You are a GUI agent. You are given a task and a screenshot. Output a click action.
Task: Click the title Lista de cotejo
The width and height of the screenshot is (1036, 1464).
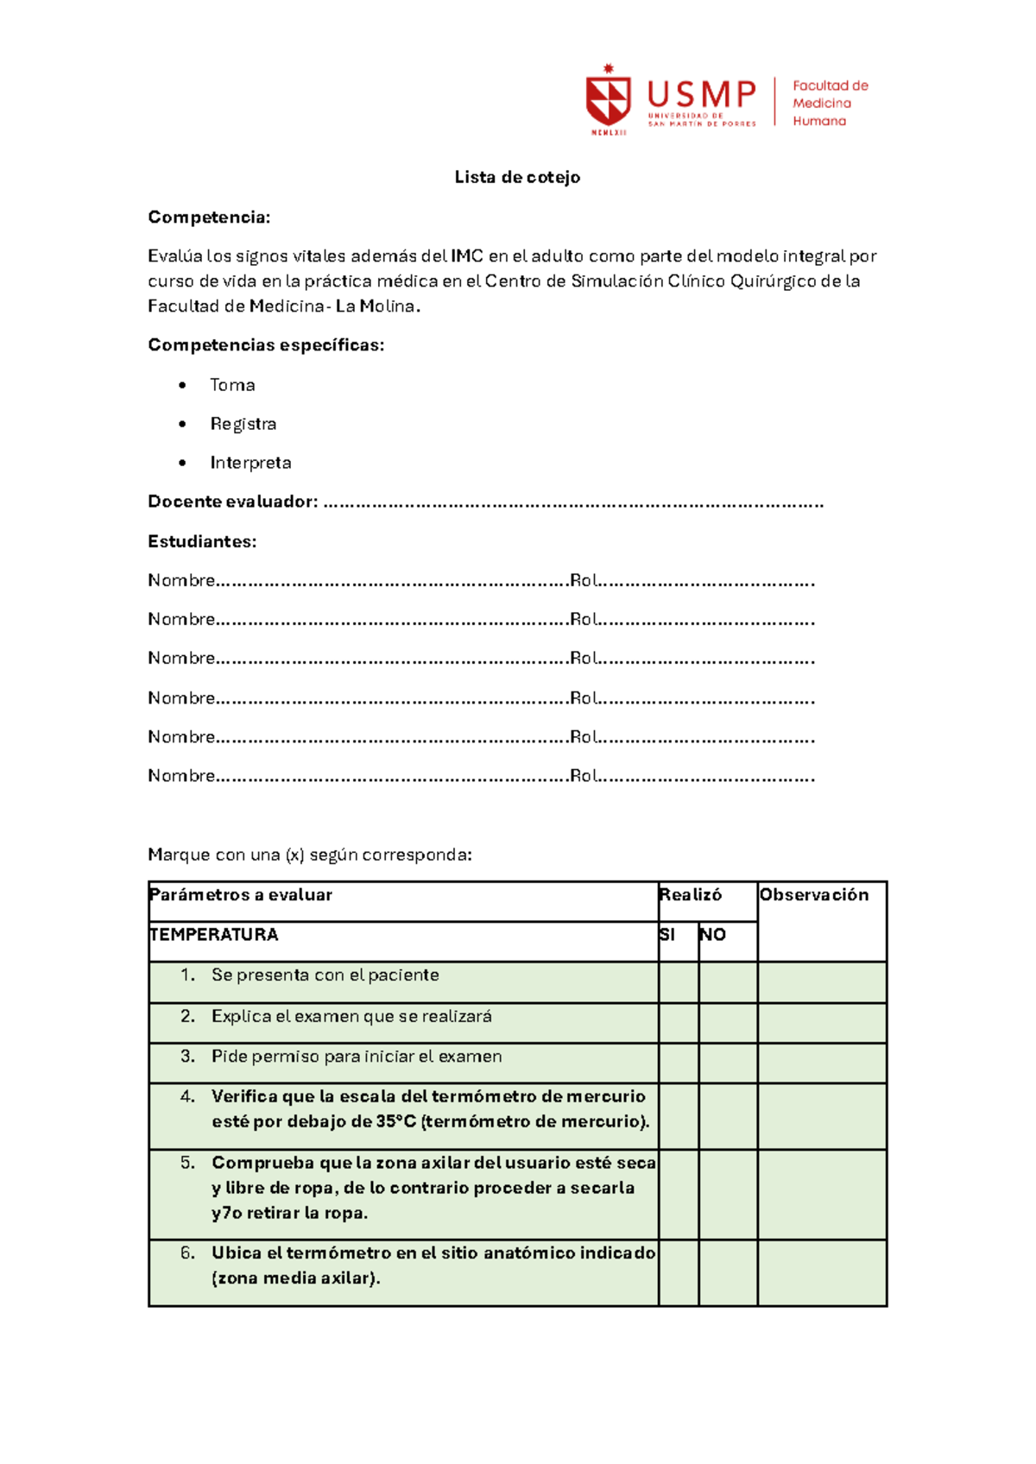(517, 177)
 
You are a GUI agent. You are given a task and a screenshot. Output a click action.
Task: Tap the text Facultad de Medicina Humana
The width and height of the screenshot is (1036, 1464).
(830, 104)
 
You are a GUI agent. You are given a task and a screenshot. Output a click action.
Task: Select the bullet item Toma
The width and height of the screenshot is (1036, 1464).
(232, 385)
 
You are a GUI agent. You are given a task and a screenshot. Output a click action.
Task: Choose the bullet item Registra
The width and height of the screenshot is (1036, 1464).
(243, 424)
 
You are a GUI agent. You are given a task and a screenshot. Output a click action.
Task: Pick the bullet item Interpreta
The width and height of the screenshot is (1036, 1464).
(250, 463)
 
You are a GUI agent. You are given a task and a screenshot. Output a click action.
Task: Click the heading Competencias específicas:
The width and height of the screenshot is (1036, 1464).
(266, 345)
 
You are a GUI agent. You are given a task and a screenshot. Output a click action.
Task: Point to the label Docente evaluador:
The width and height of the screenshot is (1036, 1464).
(232, 502)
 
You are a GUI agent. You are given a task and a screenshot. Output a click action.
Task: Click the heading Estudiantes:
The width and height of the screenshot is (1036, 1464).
(202, 541)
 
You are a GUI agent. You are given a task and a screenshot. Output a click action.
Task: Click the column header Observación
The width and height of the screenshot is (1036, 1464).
(813, 895)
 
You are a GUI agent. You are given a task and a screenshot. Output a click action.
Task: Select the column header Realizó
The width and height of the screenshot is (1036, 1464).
(690, 895)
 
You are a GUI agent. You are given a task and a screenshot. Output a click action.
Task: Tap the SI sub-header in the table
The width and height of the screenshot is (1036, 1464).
(666, 935)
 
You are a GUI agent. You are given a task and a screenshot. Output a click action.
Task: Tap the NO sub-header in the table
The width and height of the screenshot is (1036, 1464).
(712, 935)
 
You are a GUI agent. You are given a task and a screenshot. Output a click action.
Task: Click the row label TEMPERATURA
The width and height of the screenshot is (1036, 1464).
(213, 935)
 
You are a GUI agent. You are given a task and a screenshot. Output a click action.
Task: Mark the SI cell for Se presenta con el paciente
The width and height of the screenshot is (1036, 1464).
(679, 982)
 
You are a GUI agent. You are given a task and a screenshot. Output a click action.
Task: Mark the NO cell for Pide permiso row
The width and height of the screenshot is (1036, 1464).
(728, 1063)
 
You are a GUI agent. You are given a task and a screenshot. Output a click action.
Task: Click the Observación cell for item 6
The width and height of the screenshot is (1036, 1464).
(822, 1272)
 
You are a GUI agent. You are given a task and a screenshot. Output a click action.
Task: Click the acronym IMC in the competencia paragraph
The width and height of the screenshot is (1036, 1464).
(467, 256)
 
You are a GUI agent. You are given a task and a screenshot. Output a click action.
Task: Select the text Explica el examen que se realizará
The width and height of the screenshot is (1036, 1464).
(351, 1016)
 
